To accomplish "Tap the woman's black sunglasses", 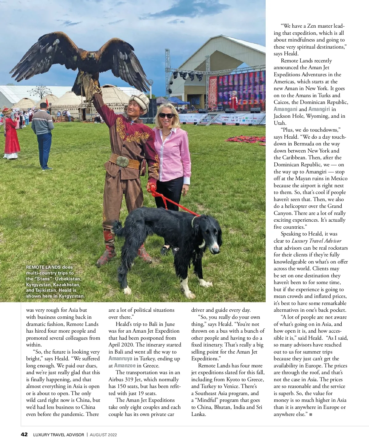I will tap(166, 115).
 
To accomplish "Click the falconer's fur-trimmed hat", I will tap(139, 100).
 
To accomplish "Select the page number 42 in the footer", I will tap(24, 435).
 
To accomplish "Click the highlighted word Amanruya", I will tap(120, 358).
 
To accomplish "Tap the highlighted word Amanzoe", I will tap(125, 366).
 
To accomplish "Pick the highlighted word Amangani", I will tap(285, 109).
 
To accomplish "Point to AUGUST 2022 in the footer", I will tap(104, 435).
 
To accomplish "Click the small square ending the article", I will tap(311, 415).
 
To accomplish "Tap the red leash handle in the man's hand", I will tap(151, 188).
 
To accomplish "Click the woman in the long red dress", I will tap(11, 135).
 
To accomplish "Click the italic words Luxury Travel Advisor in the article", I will tap(316, 241).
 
